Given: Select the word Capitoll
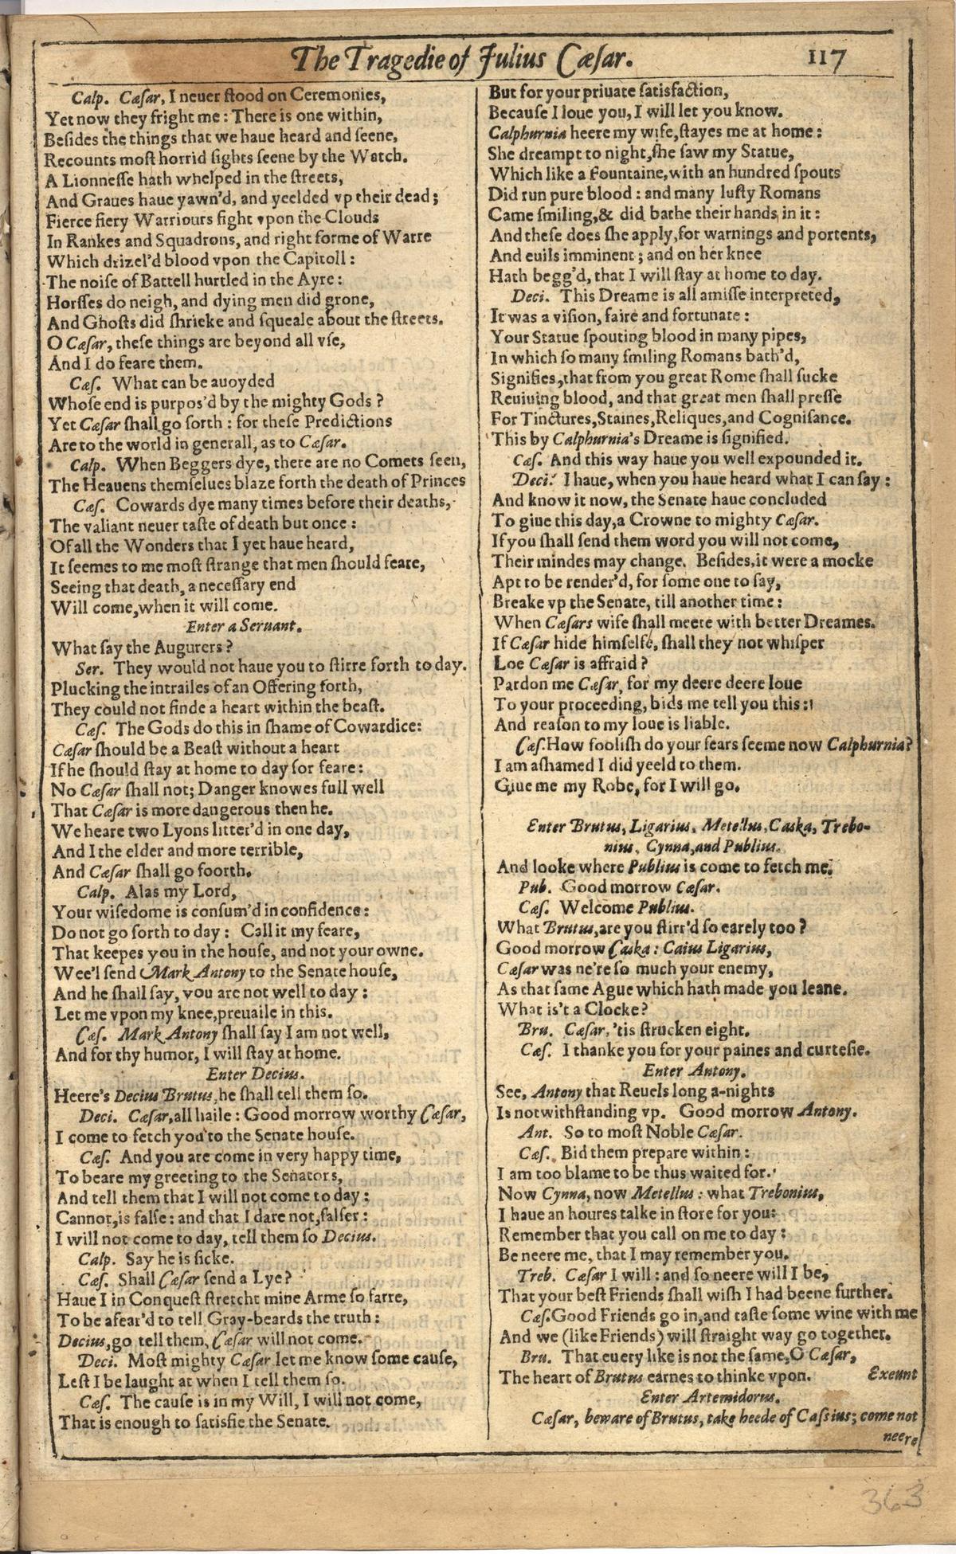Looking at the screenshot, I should [313, 260].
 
